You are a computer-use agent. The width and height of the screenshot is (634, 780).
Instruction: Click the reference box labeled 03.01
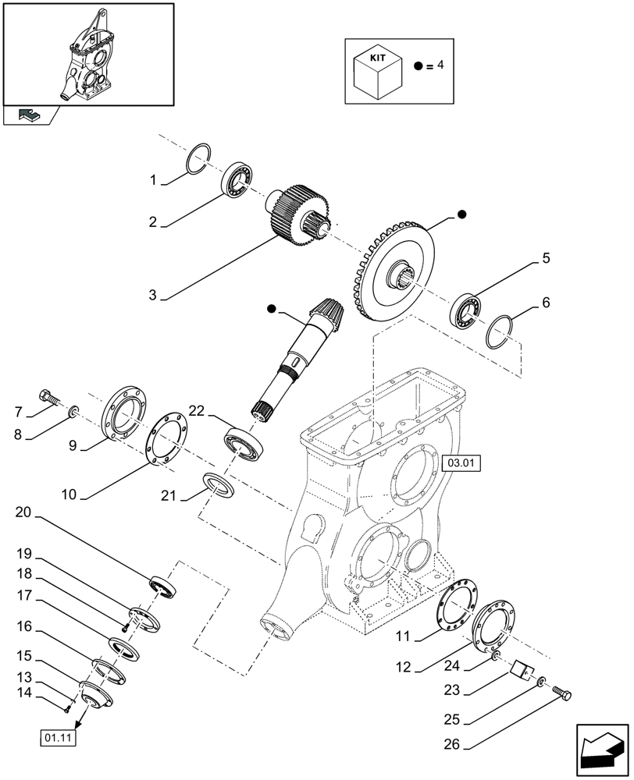click(x=461, y=464)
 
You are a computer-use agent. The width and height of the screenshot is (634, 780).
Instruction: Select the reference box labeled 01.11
click(x=58, y=738)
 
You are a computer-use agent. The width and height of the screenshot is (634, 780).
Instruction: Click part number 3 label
click(x=154, y=296)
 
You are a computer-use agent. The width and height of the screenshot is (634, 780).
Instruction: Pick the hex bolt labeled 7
click(x=48, y=397)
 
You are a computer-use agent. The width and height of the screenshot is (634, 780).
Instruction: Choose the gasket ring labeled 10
click(x=166, y=441)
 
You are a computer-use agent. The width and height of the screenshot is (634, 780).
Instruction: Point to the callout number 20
click(x=23, y=512)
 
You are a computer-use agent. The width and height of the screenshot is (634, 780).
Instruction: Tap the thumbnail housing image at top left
click(x=87, y=53)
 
